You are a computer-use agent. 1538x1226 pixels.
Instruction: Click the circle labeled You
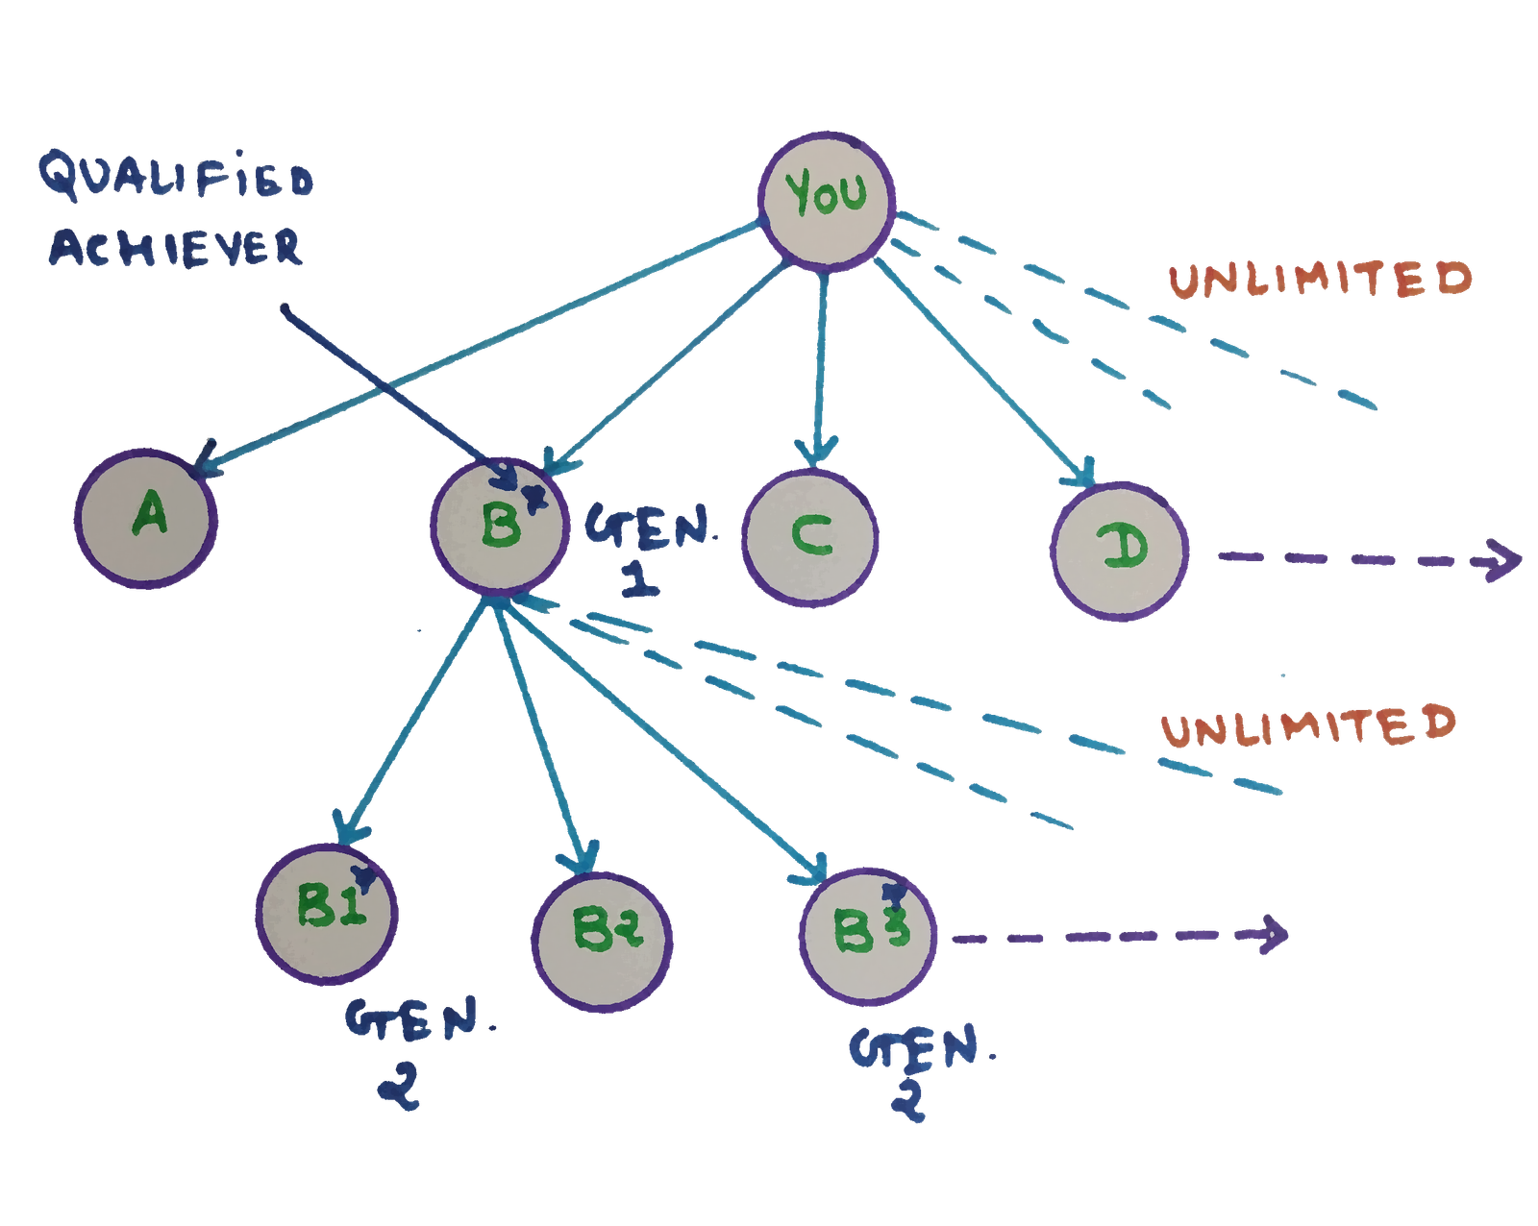(826, 198)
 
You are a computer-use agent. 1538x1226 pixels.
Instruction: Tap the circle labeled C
(810, 536)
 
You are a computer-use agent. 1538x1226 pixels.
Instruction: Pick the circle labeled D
(1120, 550)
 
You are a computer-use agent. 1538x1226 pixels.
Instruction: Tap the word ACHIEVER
(176, 247)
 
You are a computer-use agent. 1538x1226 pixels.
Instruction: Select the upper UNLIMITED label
(1320, 279)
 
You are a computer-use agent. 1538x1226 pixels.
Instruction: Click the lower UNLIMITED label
(1307, 725)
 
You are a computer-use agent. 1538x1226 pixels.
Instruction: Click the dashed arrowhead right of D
(1502, 561)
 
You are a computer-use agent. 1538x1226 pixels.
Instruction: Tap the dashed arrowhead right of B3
(1274, 934)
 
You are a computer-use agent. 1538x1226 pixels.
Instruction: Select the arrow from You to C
(820, 365)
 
